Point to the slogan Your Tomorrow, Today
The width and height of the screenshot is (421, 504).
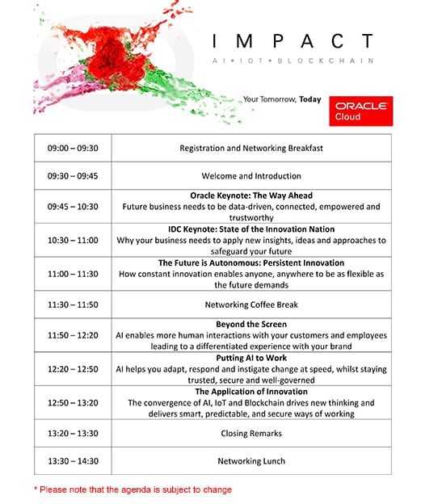pyautogui.click(x=282, y=100)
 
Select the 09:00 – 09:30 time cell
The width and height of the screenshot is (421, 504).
pyautogui.click(x=73, y=149)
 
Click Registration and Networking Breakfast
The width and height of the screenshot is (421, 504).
pyautogui.click(x=251, y=149)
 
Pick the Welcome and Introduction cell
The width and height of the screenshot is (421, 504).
pyautogui.click(x=251, y=176)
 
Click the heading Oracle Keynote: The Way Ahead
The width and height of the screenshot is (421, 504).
pyautogui.click(x=251, y=196)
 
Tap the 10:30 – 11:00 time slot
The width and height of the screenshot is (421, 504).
pyautogui.click(x=73, y=240)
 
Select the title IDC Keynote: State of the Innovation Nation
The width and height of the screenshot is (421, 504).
pyautogui.click(x=251, y=229)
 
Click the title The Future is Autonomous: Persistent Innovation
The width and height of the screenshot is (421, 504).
pyautogui.click(x=251, y=263)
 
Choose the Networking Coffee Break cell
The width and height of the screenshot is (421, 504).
pyautogui.click(x=251, y=304)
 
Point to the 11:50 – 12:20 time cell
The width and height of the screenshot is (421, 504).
pyautogui.click(x=73, y=335)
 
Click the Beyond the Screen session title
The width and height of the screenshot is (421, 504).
pyautogui.click(x=251, y=325)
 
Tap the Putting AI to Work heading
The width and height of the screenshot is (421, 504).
pyautogui.click(x=251, y=358)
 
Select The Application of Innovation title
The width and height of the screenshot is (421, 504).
pyautogui.click(x=251, y=392)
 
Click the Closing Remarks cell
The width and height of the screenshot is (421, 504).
pyautogui.click(x=251, y=434)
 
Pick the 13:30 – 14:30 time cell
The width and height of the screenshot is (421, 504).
pyautogui.click(x=73, y=461)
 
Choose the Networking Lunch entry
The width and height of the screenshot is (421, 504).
pyautogui.click(x=251, y=461)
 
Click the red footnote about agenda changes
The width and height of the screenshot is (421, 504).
pyautogui.click(x=133, y=489)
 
